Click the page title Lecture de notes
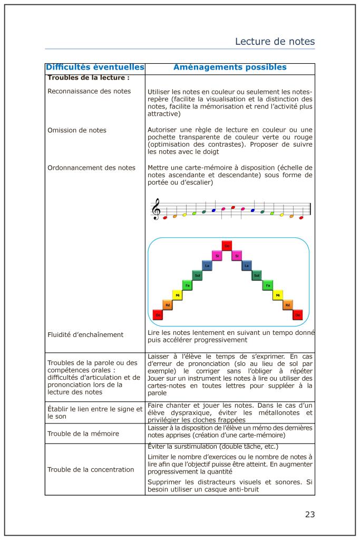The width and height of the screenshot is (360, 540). [275, 41]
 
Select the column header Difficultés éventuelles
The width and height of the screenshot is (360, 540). [95, 67]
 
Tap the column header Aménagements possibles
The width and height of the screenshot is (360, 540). [230, 67]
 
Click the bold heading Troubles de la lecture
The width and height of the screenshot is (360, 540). [89, 78]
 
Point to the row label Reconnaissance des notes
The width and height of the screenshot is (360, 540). [89, 91]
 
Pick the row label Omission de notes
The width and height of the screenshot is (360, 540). [77, 130]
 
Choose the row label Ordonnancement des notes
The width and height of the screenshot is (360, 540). [91, 168]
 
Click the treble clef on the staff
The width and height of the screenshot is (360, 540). [156, 210]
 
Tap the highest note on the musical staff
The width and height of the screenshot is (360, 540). [233, 207]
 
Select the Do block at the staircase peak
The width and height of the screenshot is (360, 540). [227, 246]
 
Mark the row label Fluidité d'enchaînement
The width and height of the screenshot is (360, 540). [85, 334]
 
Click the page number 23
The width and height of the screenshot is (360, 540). [309, 514]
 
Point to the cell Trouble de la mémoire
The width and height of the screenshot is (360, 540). [83, 433]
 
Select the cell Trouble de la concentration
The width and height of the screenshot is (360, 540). [91, 469]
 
